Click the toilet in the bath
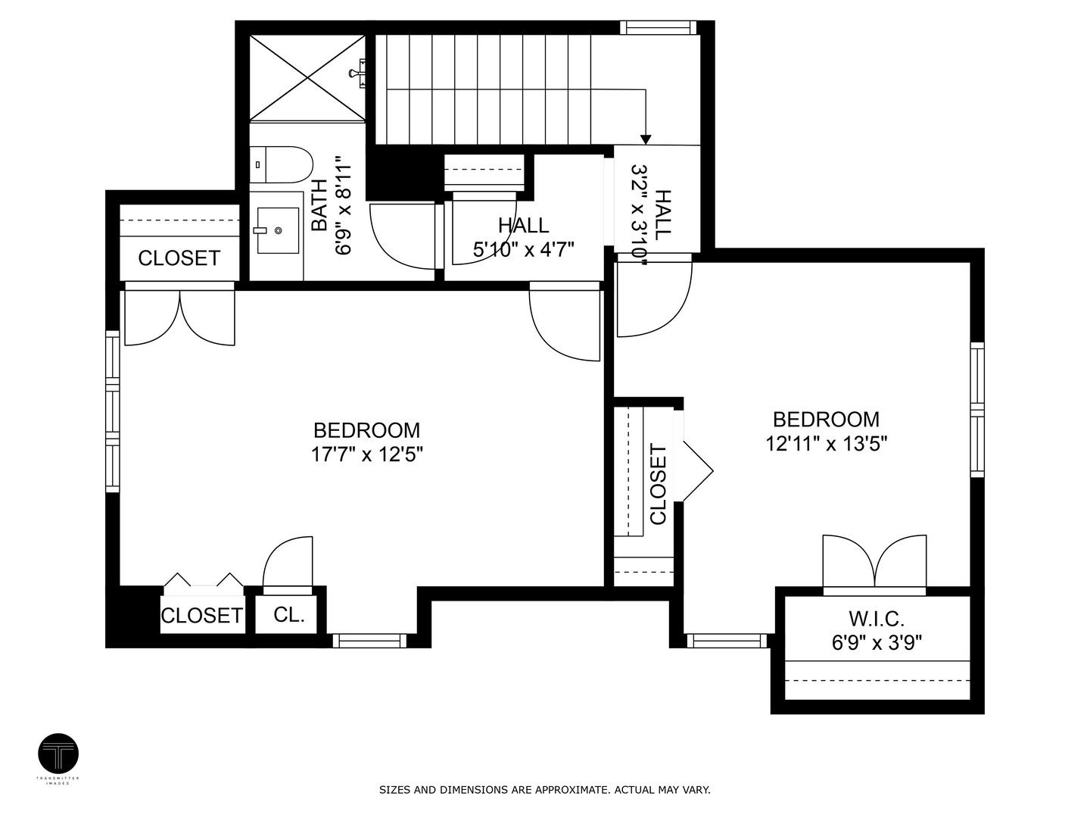282,164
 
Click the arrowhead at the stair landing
645,139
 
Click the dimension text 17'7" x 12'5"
366,454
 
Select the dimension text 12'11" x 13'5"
826,443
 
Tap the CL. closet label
288,615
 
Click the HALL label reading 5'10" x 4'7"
524,225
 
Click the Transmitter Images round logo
58,754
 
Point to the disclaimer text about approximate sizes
544,790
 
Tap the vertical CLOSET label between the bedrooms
658,485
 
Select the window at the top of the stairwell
658,28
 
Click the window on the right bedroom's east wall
977,410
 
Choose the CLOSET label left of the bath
179,258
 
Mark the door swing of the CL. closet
288,562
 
